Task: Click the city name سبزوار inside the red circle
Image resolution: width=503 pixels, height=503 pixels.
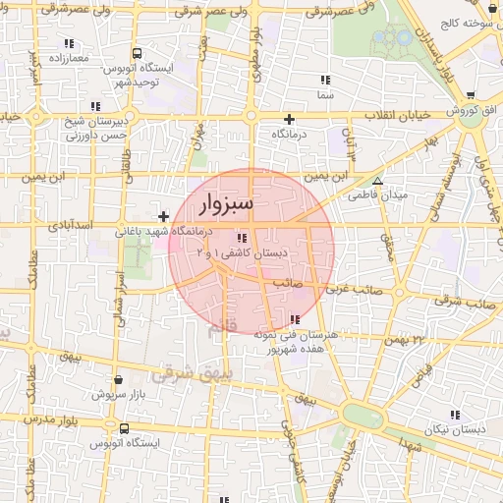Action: (226, 204)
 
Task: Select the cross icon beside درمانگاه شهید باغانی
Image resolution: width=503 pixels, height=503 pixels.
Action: (163, 215)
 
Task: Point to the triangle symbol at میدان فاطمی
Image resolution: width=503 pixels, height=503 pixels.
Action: (377, 181)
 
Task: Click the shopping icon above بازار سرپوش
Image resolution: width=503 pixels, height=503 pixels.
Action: (119, 379)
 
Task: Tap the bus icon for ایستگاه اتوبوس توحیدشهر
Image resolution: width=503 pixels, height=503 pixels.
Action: (136, 54)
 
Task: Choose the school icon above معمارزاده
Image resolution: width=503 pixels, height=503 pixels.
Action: (69, 43)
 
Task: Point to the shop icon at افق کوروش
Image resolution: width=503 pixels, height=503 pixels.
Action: (471, 95)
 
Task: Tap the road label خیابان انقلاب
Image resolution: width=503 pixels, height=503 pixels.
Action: (399, 116)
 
